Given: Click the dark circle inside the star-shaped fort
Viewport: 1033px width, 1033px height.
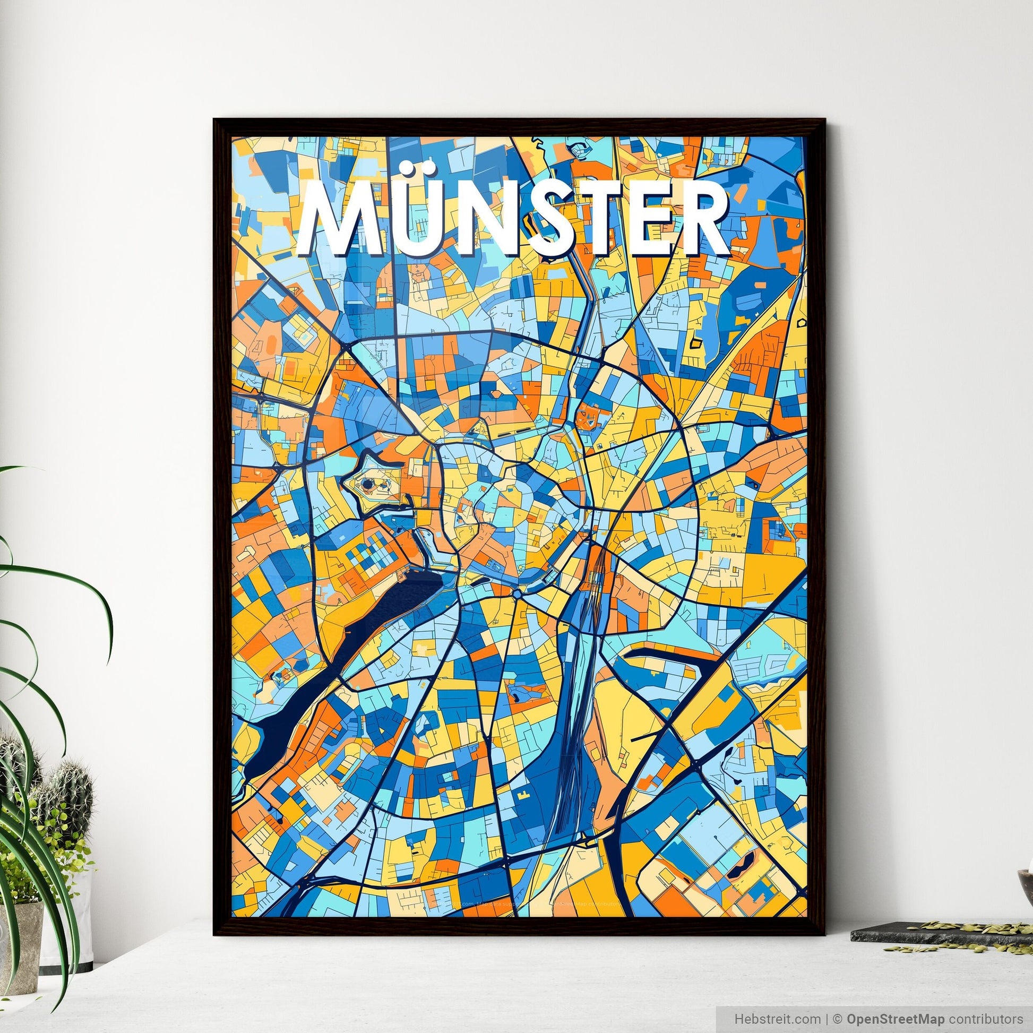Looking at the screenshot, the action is pos(367,485).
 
